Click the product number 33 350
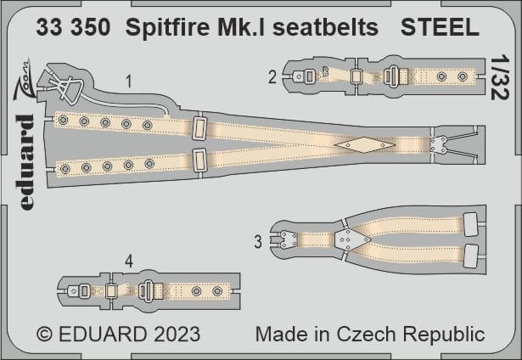point(73,27)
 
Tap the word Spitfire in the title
point(167,27)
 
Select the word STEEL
point(440,27)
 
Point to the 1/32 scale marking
point(500,77)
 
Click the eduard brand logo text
point(26,162)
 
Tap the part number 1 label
point(129,82)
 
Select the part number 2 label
point(272,77)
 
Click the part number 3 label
point(258,241)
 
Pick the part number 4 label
point(129,262)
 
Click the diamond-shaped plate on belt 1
point(365,145)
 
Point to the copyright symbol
point(45,334)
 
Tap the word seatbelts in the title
point(326,27)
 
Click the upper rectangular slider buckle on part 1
point(199,129)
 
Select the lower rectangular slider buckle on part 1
point(199,160)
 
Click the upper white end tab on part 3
point(470,224)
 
